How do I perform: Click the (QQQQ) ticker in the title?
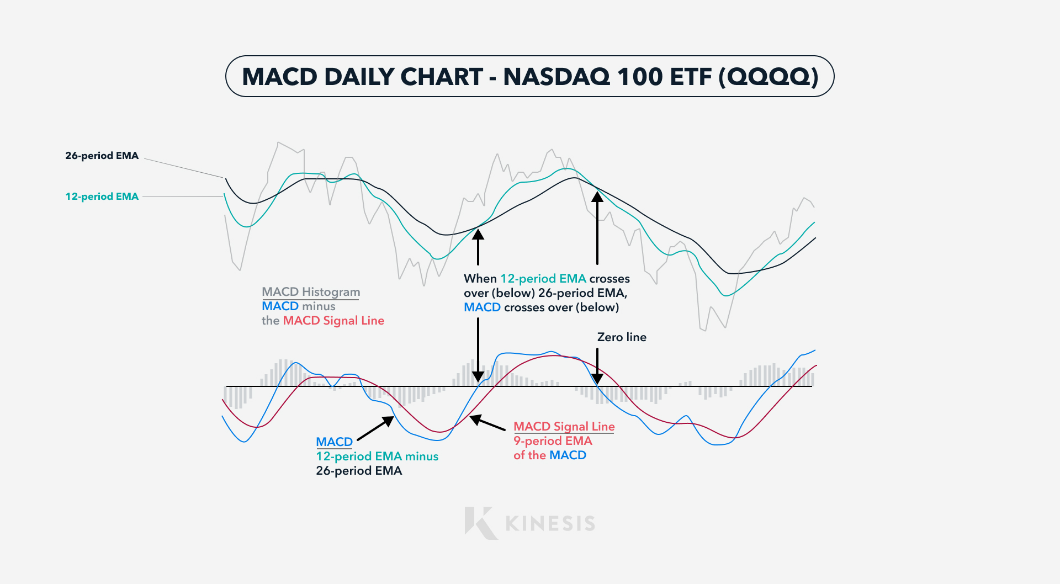tap(768, 77)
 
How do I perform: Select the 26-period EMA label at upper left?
tap(102, 156)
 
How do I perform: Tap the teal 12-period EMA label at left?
tap(102, 197)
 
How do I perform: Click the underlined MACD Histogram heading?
tap(311, 292)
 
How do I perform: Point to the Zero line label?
tap(622, 337)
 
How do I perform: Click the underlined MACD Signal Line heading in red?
tap(564, 427)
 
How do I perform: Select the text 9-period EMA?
tap(553, 441)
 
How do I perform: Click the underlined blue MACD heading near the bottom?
tap(334, 442)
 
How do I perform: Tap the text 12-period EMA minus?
tap(377, 456)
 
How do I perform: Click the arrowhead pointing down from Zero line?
tap(597, 379)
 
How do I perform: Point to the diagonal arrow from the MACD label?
tap(376, 428)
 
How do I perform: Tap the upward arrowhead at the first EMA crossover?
tap(478, 235)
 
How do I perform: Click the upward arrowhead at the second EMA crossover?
tap(597, 197)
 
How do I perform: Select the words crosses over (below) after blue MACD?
tap(561, 307)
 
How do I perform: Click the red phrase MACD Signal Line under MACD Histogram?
tap(333, 321)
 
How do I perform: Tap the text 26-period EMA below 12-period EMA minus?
tap(359, 471)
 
